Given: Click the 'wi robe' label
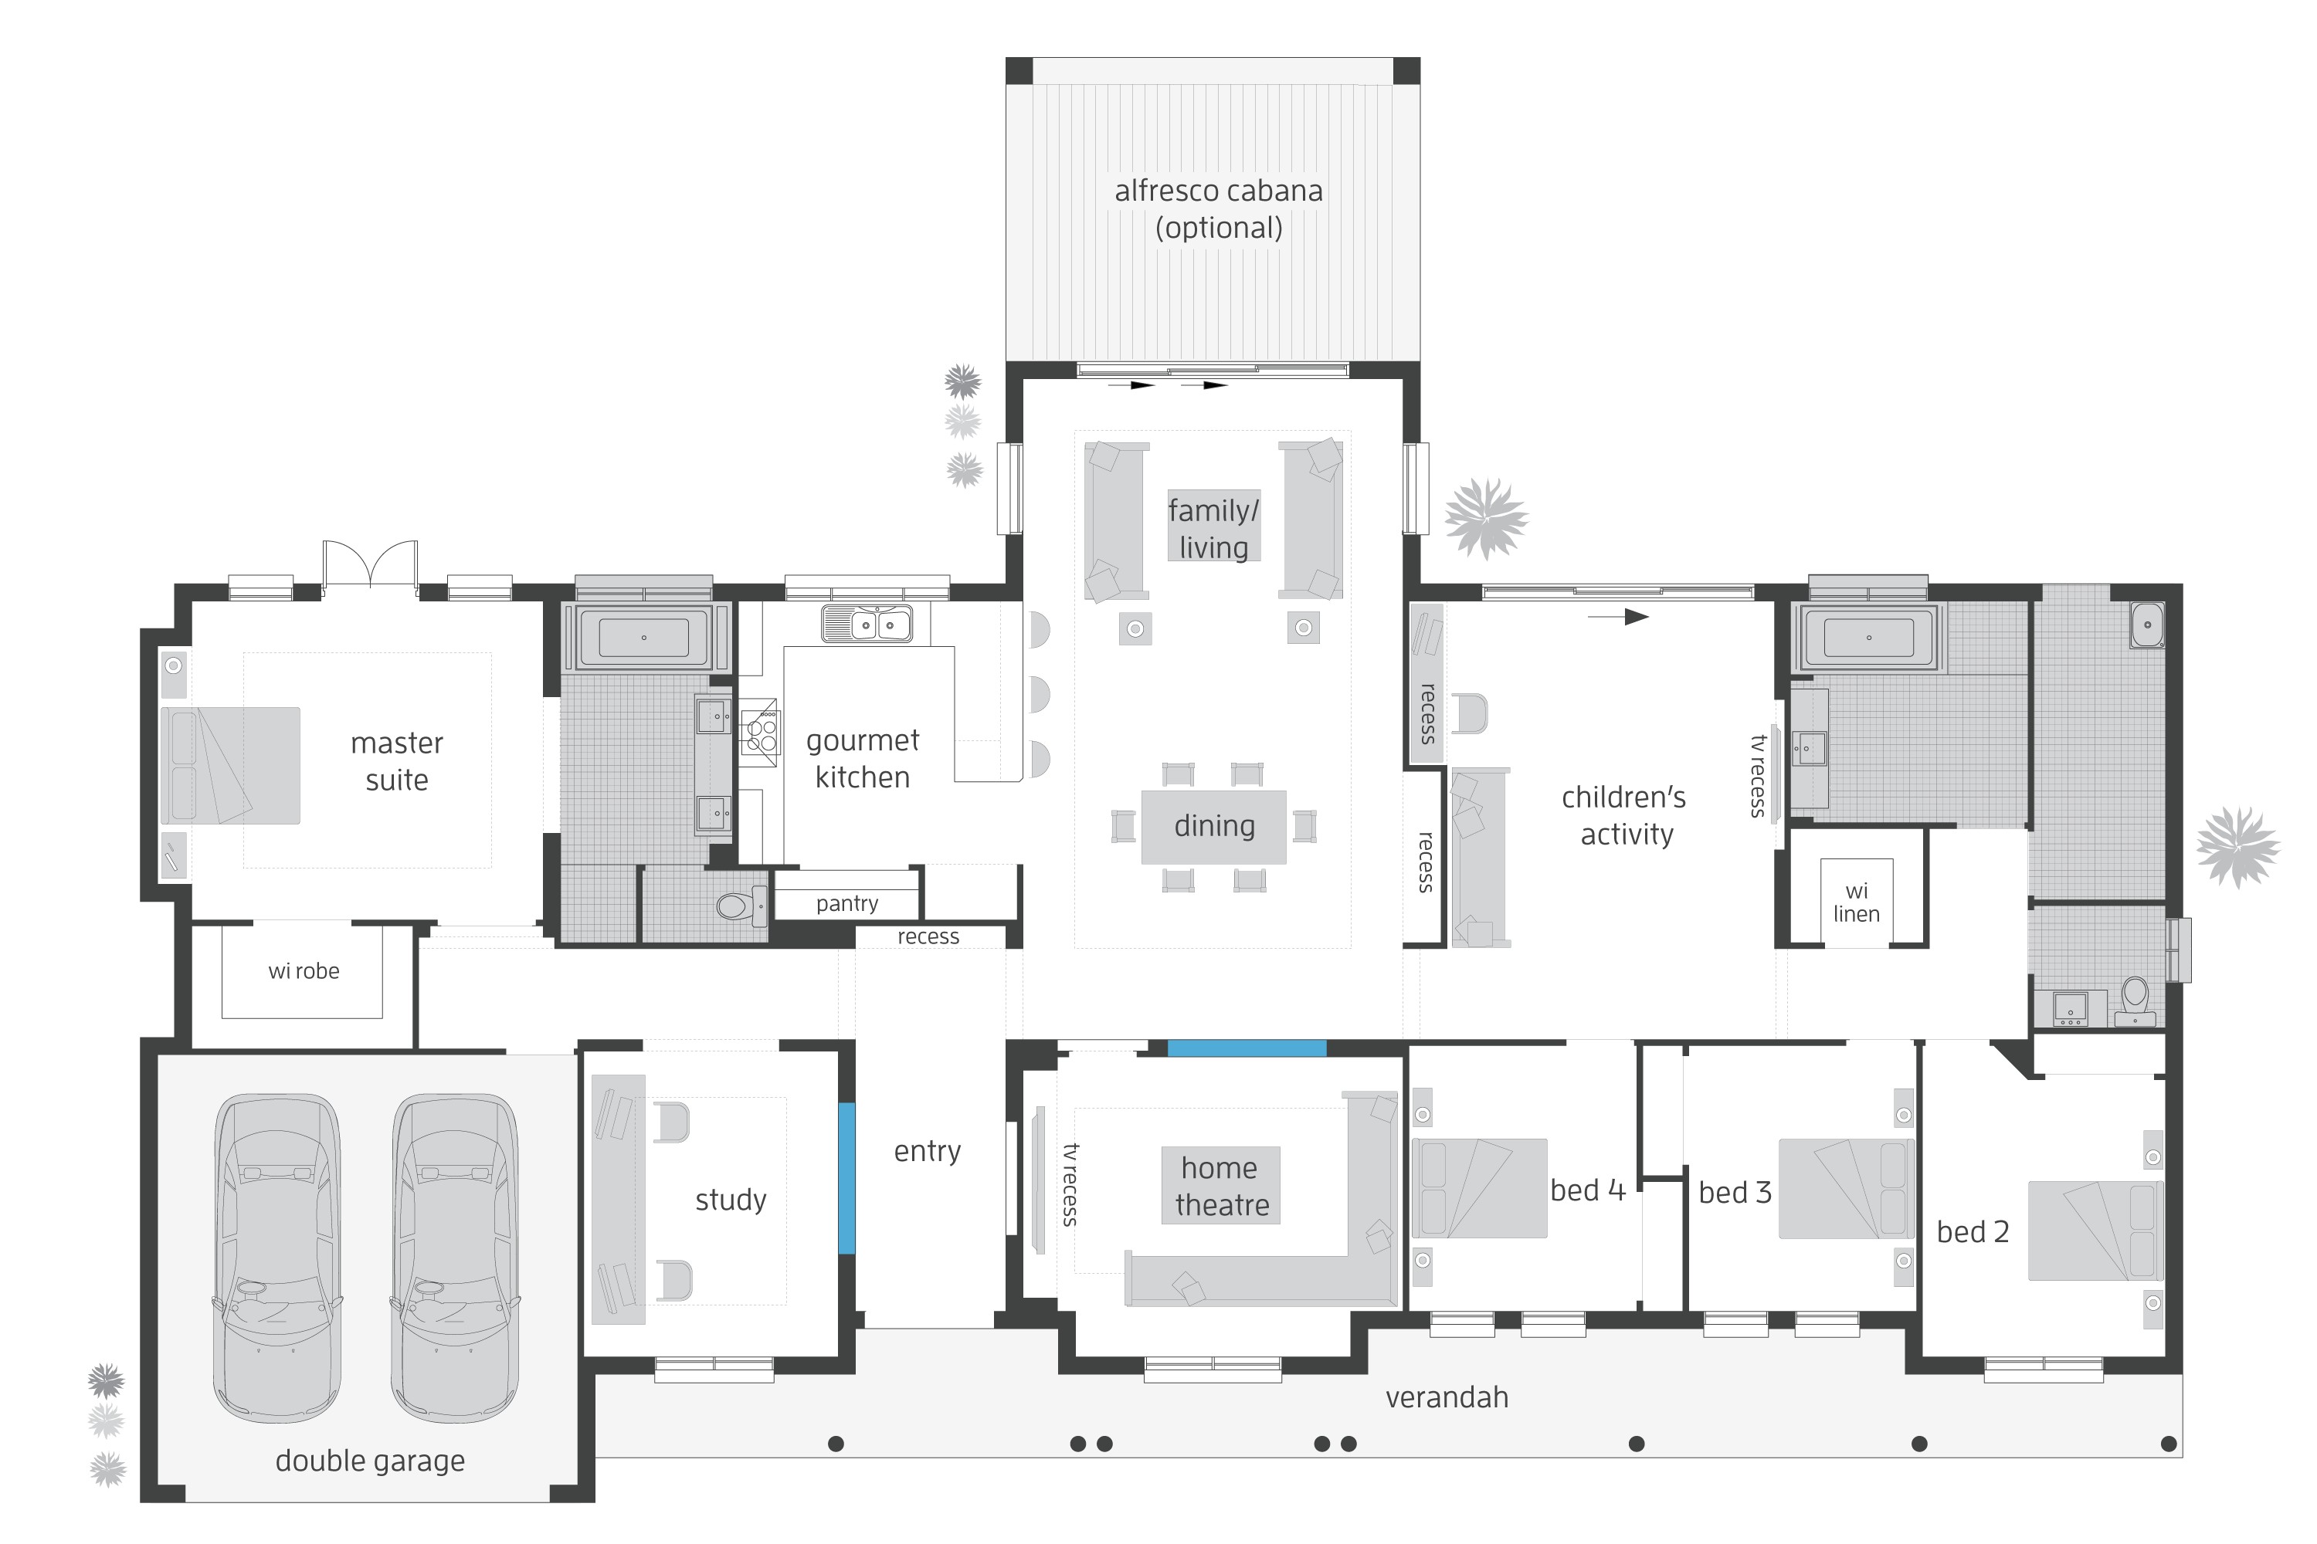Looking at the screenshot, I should coord(304,971).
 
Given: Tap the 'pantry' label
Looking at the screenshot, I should coord(846,903).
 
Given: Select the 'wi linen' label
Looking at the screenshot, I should coord(1856,902).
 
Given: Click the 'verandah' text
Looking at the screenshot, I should coord(1446,1397).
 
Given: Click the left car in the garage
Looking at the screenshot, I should coord(276,1258).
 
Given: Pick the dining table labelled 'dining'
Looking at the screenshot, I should coord(1213,826).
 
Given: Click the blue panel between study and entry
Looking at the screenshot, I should coord(846,1178).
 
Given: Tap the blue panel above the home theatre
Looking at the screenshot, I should coord(1247,1048).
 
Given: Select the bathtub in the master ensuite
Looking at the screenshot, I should coord(643,637).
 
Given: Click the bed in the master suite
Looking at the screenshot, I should coord(230,765).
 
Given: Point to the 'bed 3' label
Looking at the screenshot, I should coord(1735,1193).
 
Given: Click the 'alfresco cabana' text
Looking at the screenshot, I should coord(1218,191).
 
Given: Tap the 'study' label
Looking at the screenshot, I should coord(730,1200).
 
